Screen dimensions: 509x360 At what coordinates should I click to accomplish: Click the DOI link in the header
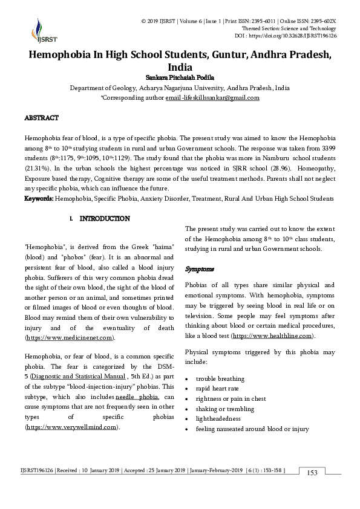point(297,36)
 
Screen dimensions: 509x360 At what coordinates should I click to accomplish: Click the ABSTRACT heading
point(41,118)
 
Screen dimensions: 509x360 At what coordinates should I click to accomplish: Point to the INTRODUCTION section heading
point(104,218)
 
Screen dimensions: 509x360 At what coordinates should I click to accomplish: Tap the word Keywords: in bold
point(39,198)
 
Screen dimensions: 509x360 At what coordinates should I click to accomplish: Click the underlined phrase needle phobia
point(137,397)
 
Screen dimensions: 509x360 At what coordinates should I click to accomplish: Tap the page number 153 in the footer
point(312,472)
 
